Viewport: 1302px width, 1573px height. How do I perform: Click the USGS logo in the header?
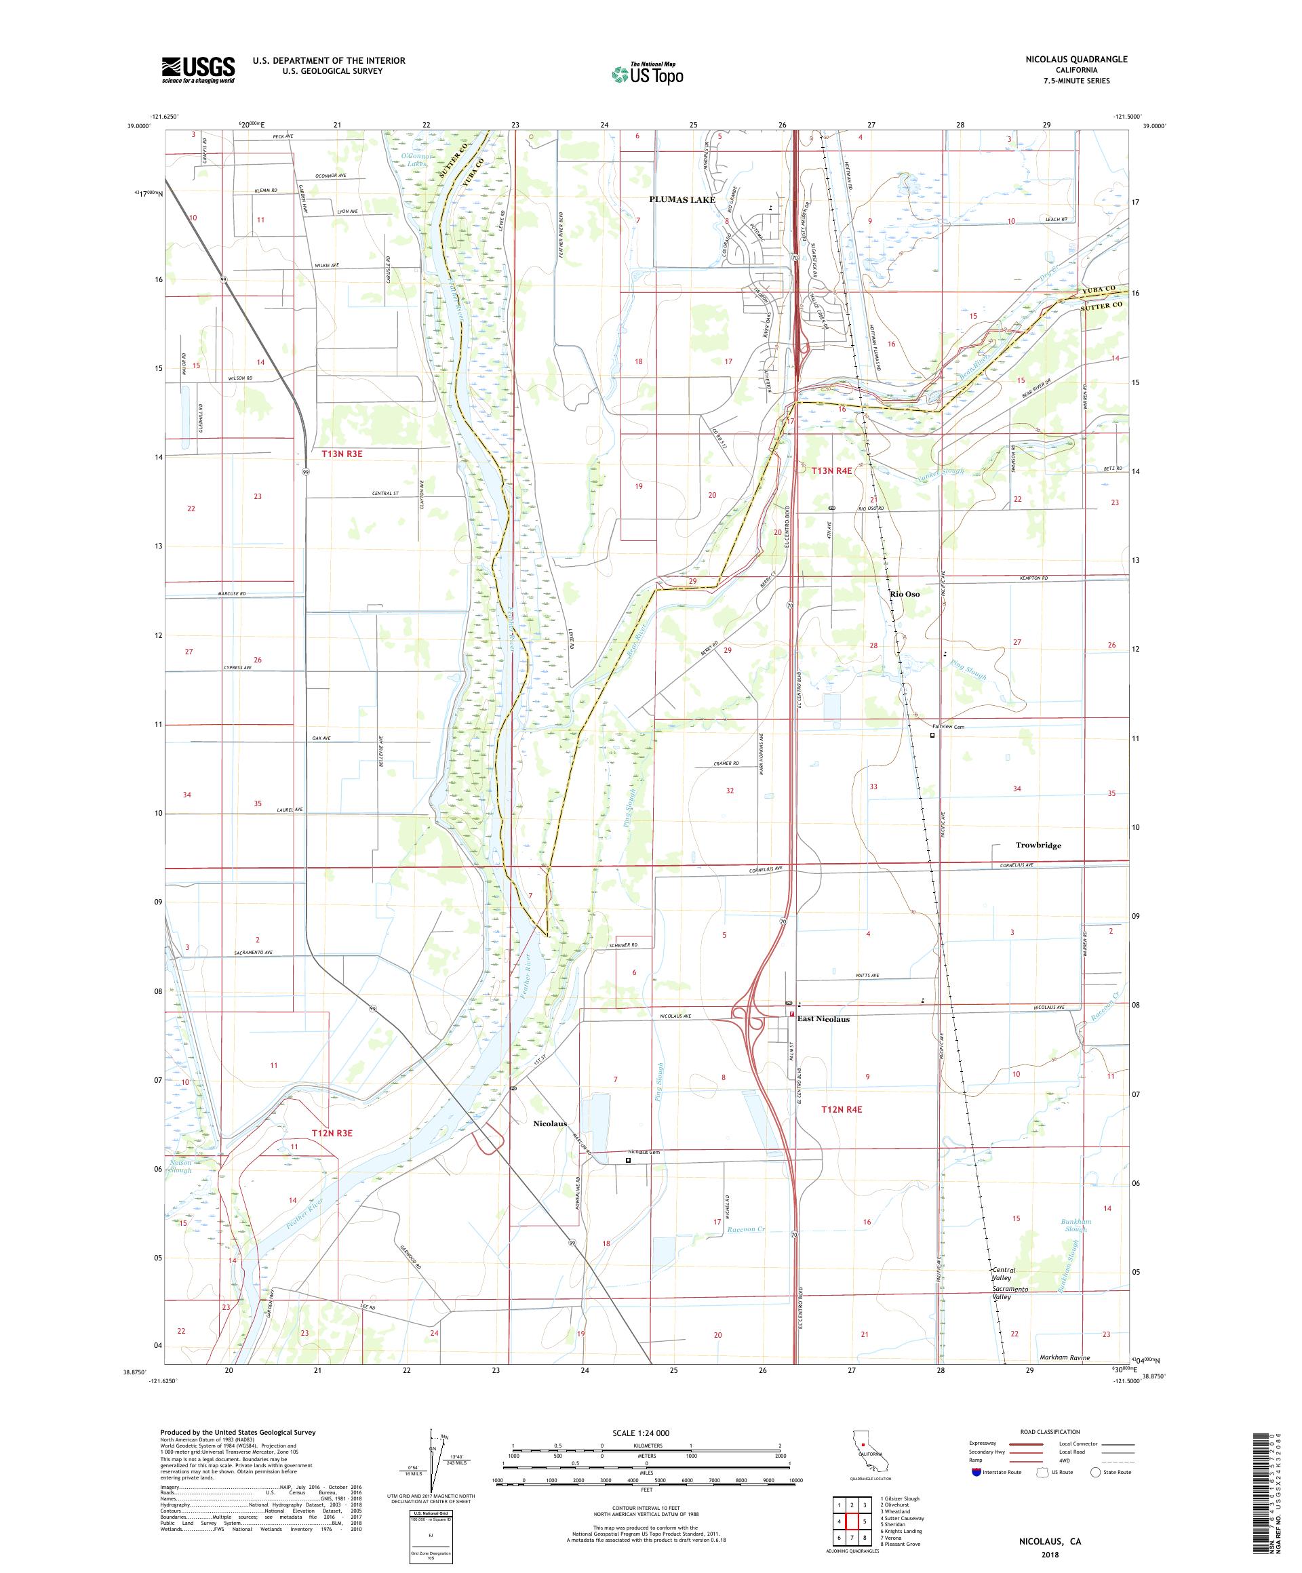[198, 70]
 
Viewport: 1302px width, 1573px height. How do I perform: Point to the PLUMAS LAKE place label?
[682, 199]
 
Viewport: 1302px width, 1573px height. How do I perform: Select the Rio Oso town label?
[904, 594]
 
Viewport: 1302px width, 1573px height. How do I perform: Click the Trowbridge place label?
[1038, 845]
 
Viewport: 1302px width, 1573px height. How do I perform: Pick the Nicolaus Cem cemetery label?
[644, 1151]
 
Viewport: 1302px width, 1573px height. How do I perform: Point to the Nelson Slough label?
[180, 1166]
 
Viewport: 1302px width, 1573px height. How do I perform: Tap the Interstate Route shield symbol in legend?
[975, 1472]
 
